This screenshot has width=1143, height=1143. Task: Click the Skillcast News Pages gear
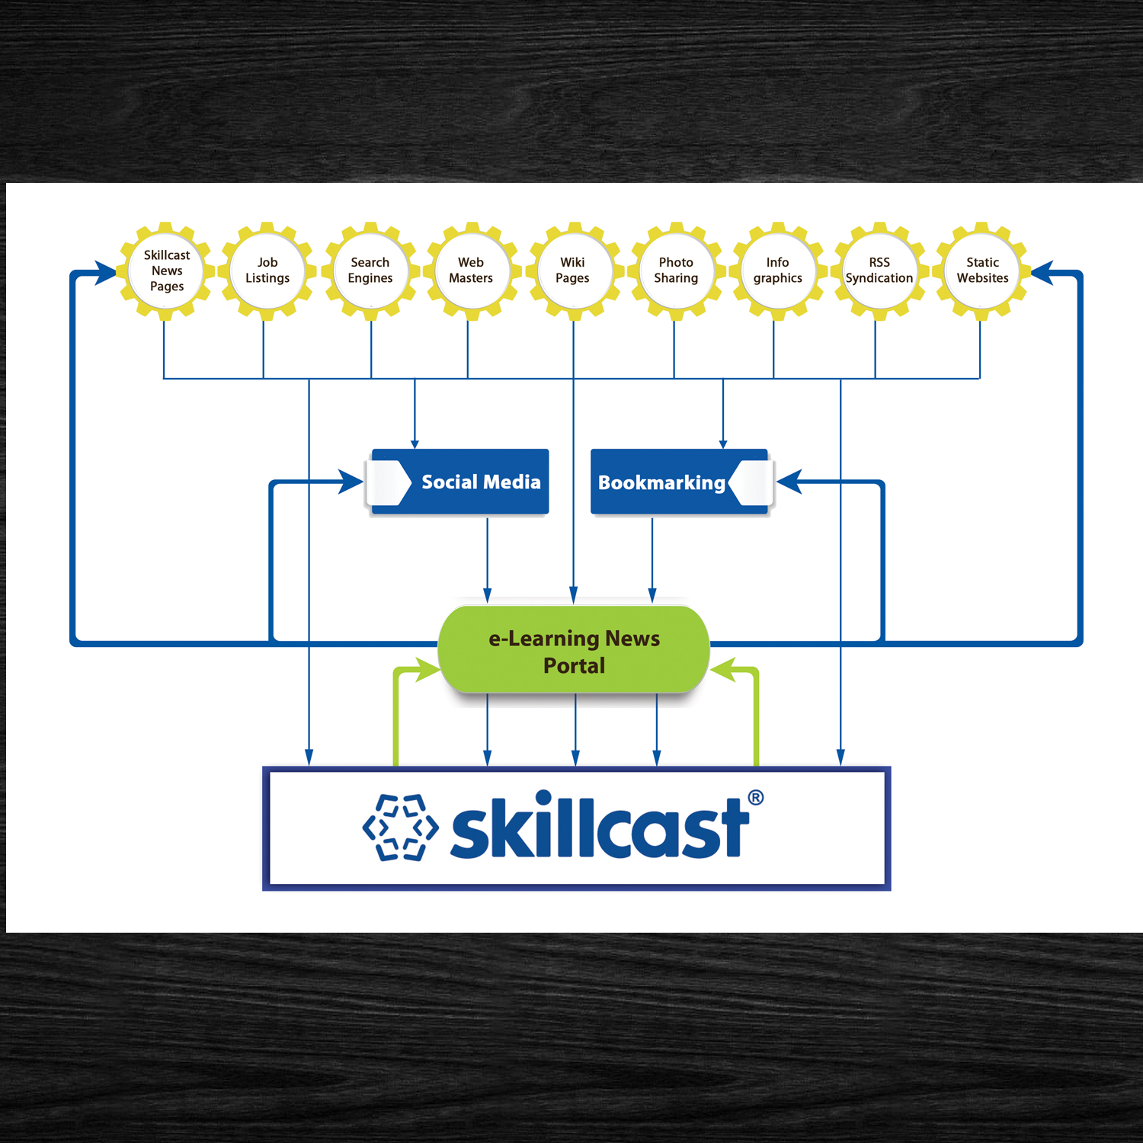166,271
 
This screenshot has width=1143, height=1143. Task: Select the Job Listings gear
267,271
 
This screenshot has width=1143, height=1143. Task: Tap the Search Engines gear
370,271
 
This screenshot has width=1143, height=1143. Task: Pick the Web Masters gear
471,271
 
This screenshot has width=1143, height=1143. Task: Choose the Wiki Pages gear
573,271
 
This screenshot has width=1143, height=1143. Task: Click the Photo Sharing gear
676,271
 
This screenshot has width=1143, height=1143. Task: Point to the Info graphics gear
777,271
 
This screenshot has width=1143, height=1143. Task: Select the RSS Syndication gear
879,271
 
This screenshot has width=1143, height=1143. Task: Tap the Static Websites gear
982,271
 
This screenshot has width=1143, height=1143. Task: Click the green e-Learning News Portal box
574,651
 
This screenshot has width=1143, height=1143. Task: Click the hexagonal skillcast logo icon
401,828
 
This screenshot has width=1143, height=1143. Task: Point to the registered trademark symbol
755,798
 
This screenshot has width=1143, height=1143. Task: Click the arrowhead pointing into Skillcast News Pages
105,272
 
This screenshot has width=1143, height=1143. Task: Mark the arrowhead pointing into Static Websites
1042,272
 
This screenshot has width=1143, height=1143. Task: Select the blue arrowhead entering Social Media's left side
351,482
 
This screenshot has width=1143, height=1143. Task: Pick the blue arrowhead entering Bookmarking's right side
789,482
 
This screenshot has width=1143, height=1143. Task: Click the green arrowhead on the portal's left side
427,670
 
